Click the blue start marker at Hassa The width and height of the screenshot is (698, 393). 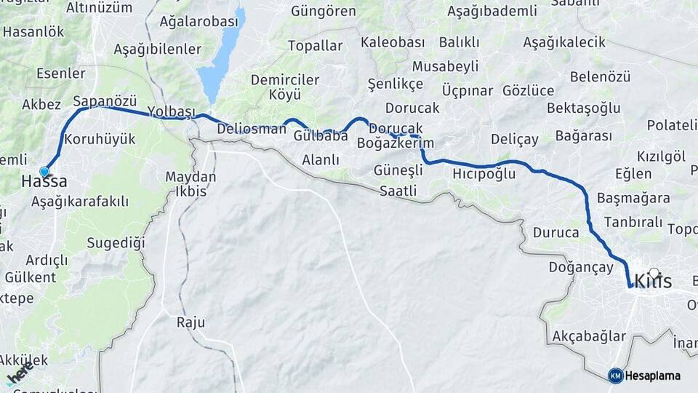(44, 172)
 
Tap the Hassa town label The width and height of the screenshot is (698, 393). (44, 182)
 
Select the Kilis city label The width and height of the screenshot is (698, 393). (653, 281)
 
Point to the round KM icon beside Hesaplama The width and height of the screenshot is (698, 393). (615, 376)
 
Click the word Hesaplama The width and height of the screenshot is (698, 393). (652, 376)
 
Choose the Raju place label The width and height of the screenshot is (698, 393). (190, 322)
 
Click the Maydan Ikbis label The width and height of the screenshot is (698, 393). (190, 184)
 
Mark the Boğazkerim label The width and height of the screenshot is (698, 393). (396, 143)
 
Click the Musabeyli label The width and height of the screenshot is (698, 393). (446, 66)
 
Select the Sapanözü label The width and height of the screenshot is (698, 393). (105, 100)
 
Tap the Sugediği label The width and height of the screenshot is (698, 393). (116, 242)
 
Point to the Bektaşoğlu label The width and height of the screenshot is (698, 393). (583, 108)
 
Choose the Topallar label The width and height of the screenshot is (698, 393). (315, 46)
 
